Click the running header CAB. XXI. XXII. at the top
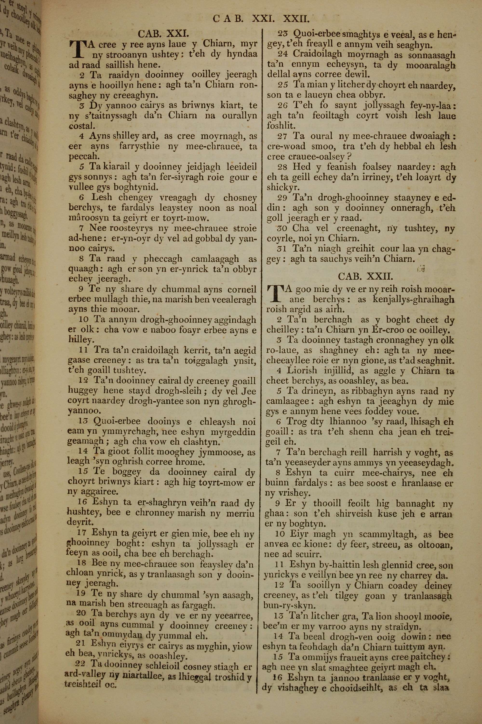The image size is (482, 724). [x=261, y=19]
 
